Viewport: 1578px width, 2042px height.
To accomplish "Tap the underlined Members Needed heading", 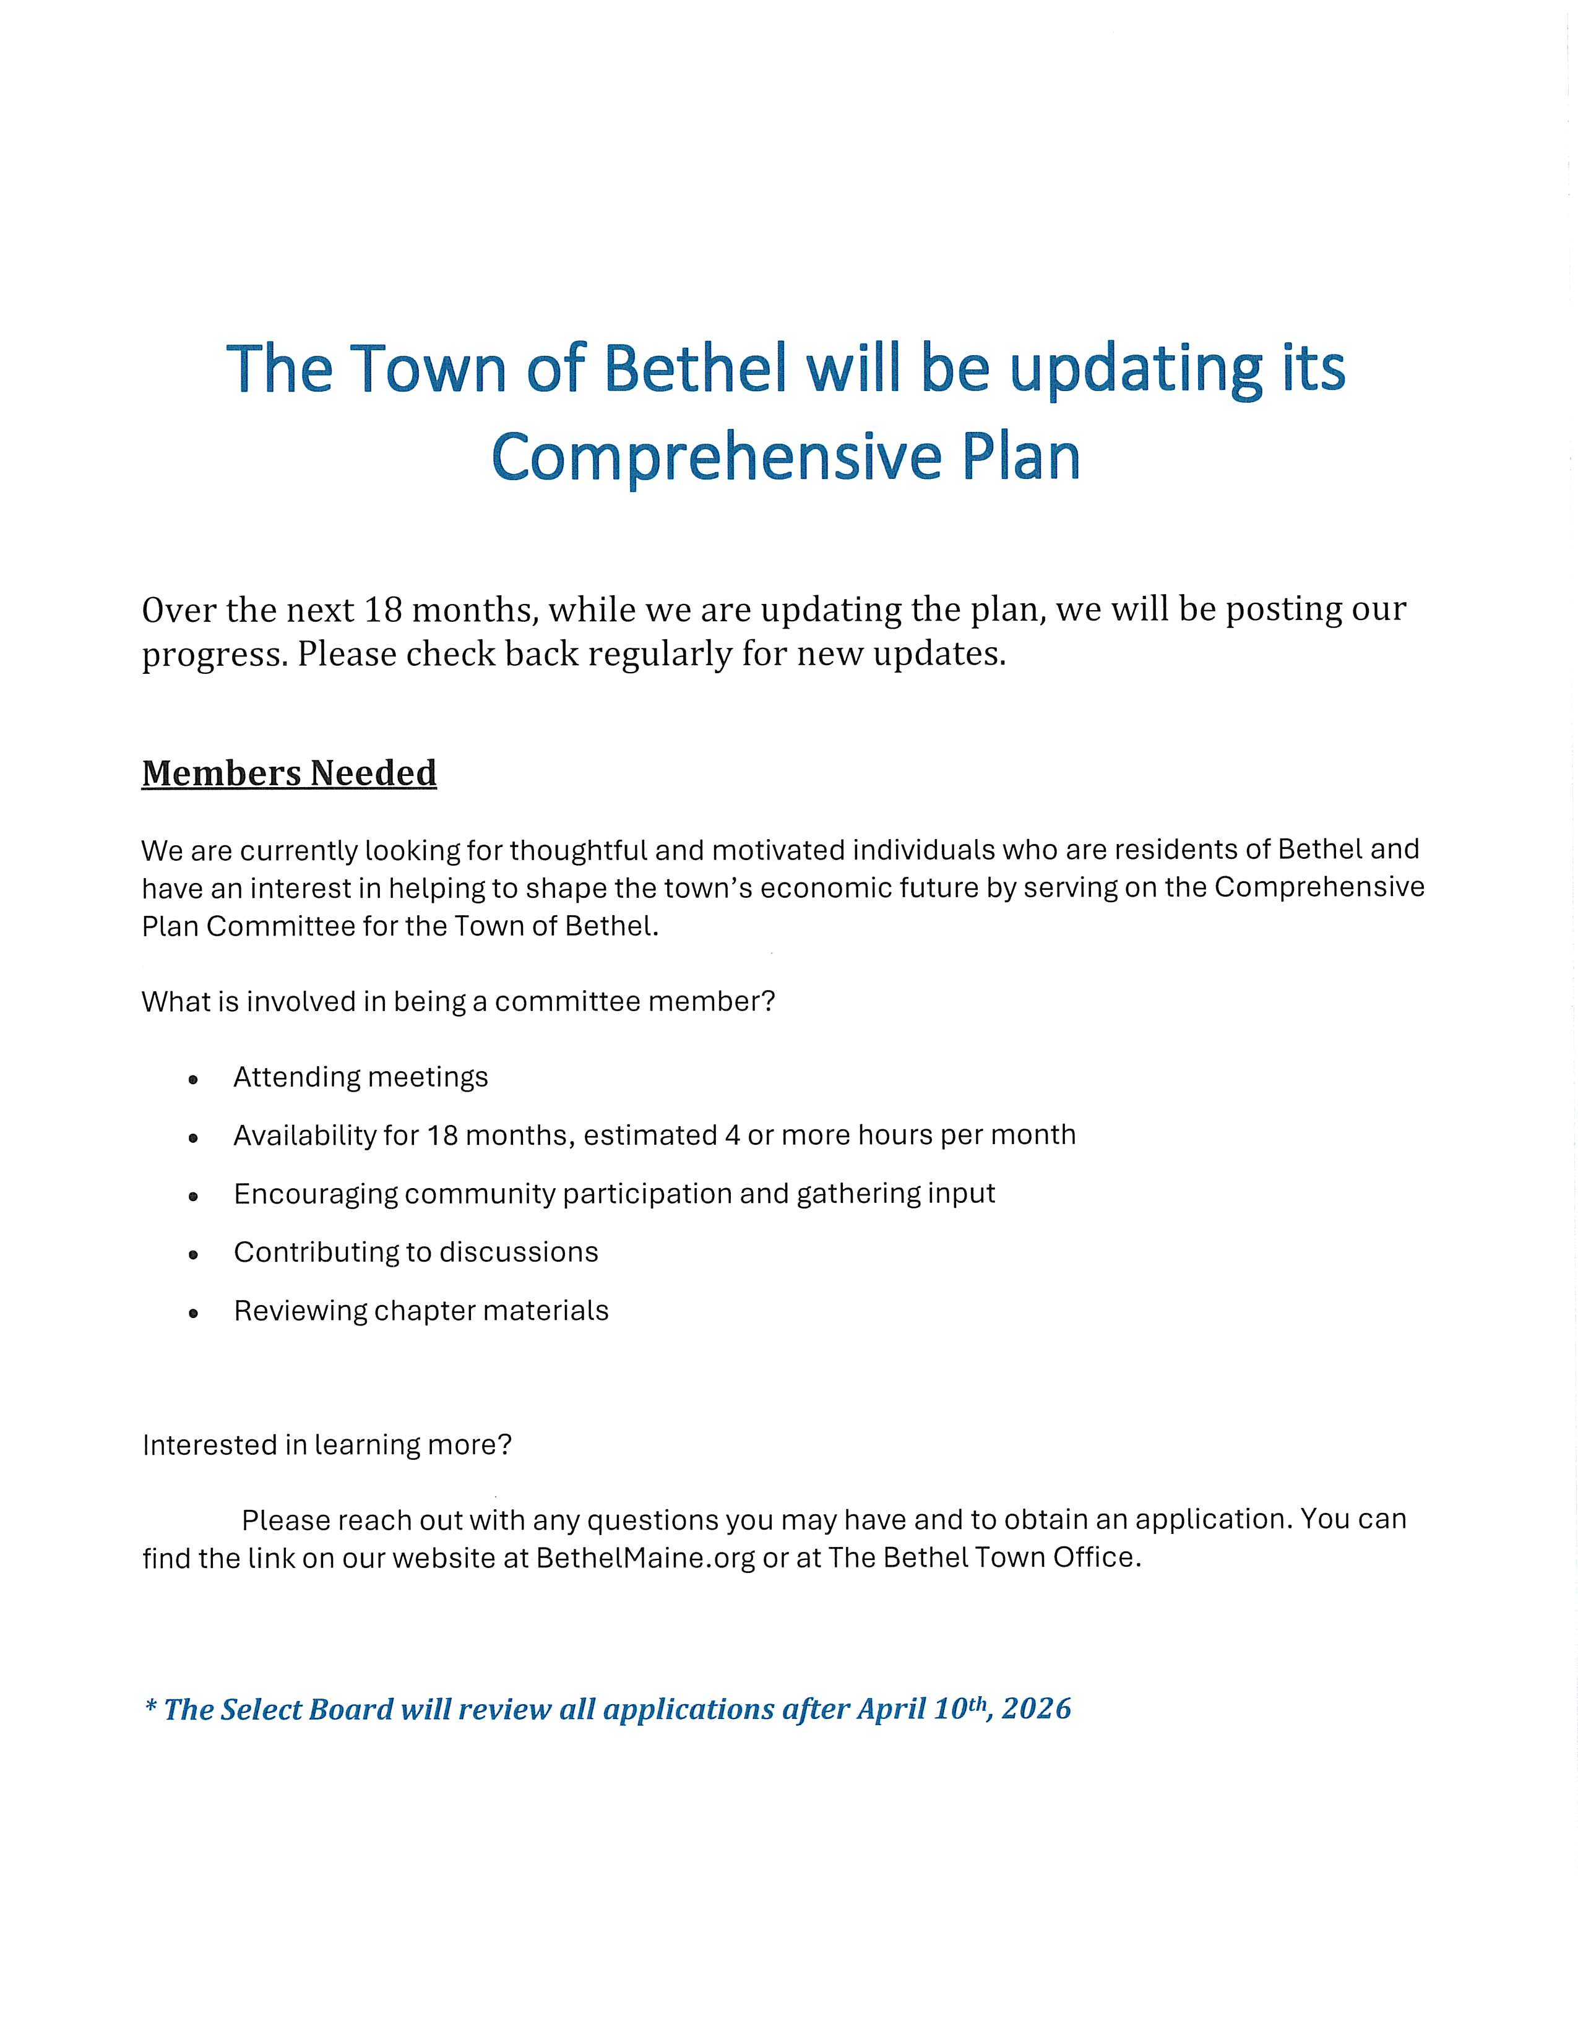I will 289,773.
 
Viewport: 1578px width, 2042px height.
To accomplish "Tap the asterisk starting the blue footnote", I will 150,1707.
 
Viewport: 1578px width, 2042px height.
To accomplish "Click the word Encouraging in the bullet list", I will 315,1194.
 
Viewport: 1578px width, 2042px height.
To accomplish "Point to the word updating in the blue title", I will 1135,370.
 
